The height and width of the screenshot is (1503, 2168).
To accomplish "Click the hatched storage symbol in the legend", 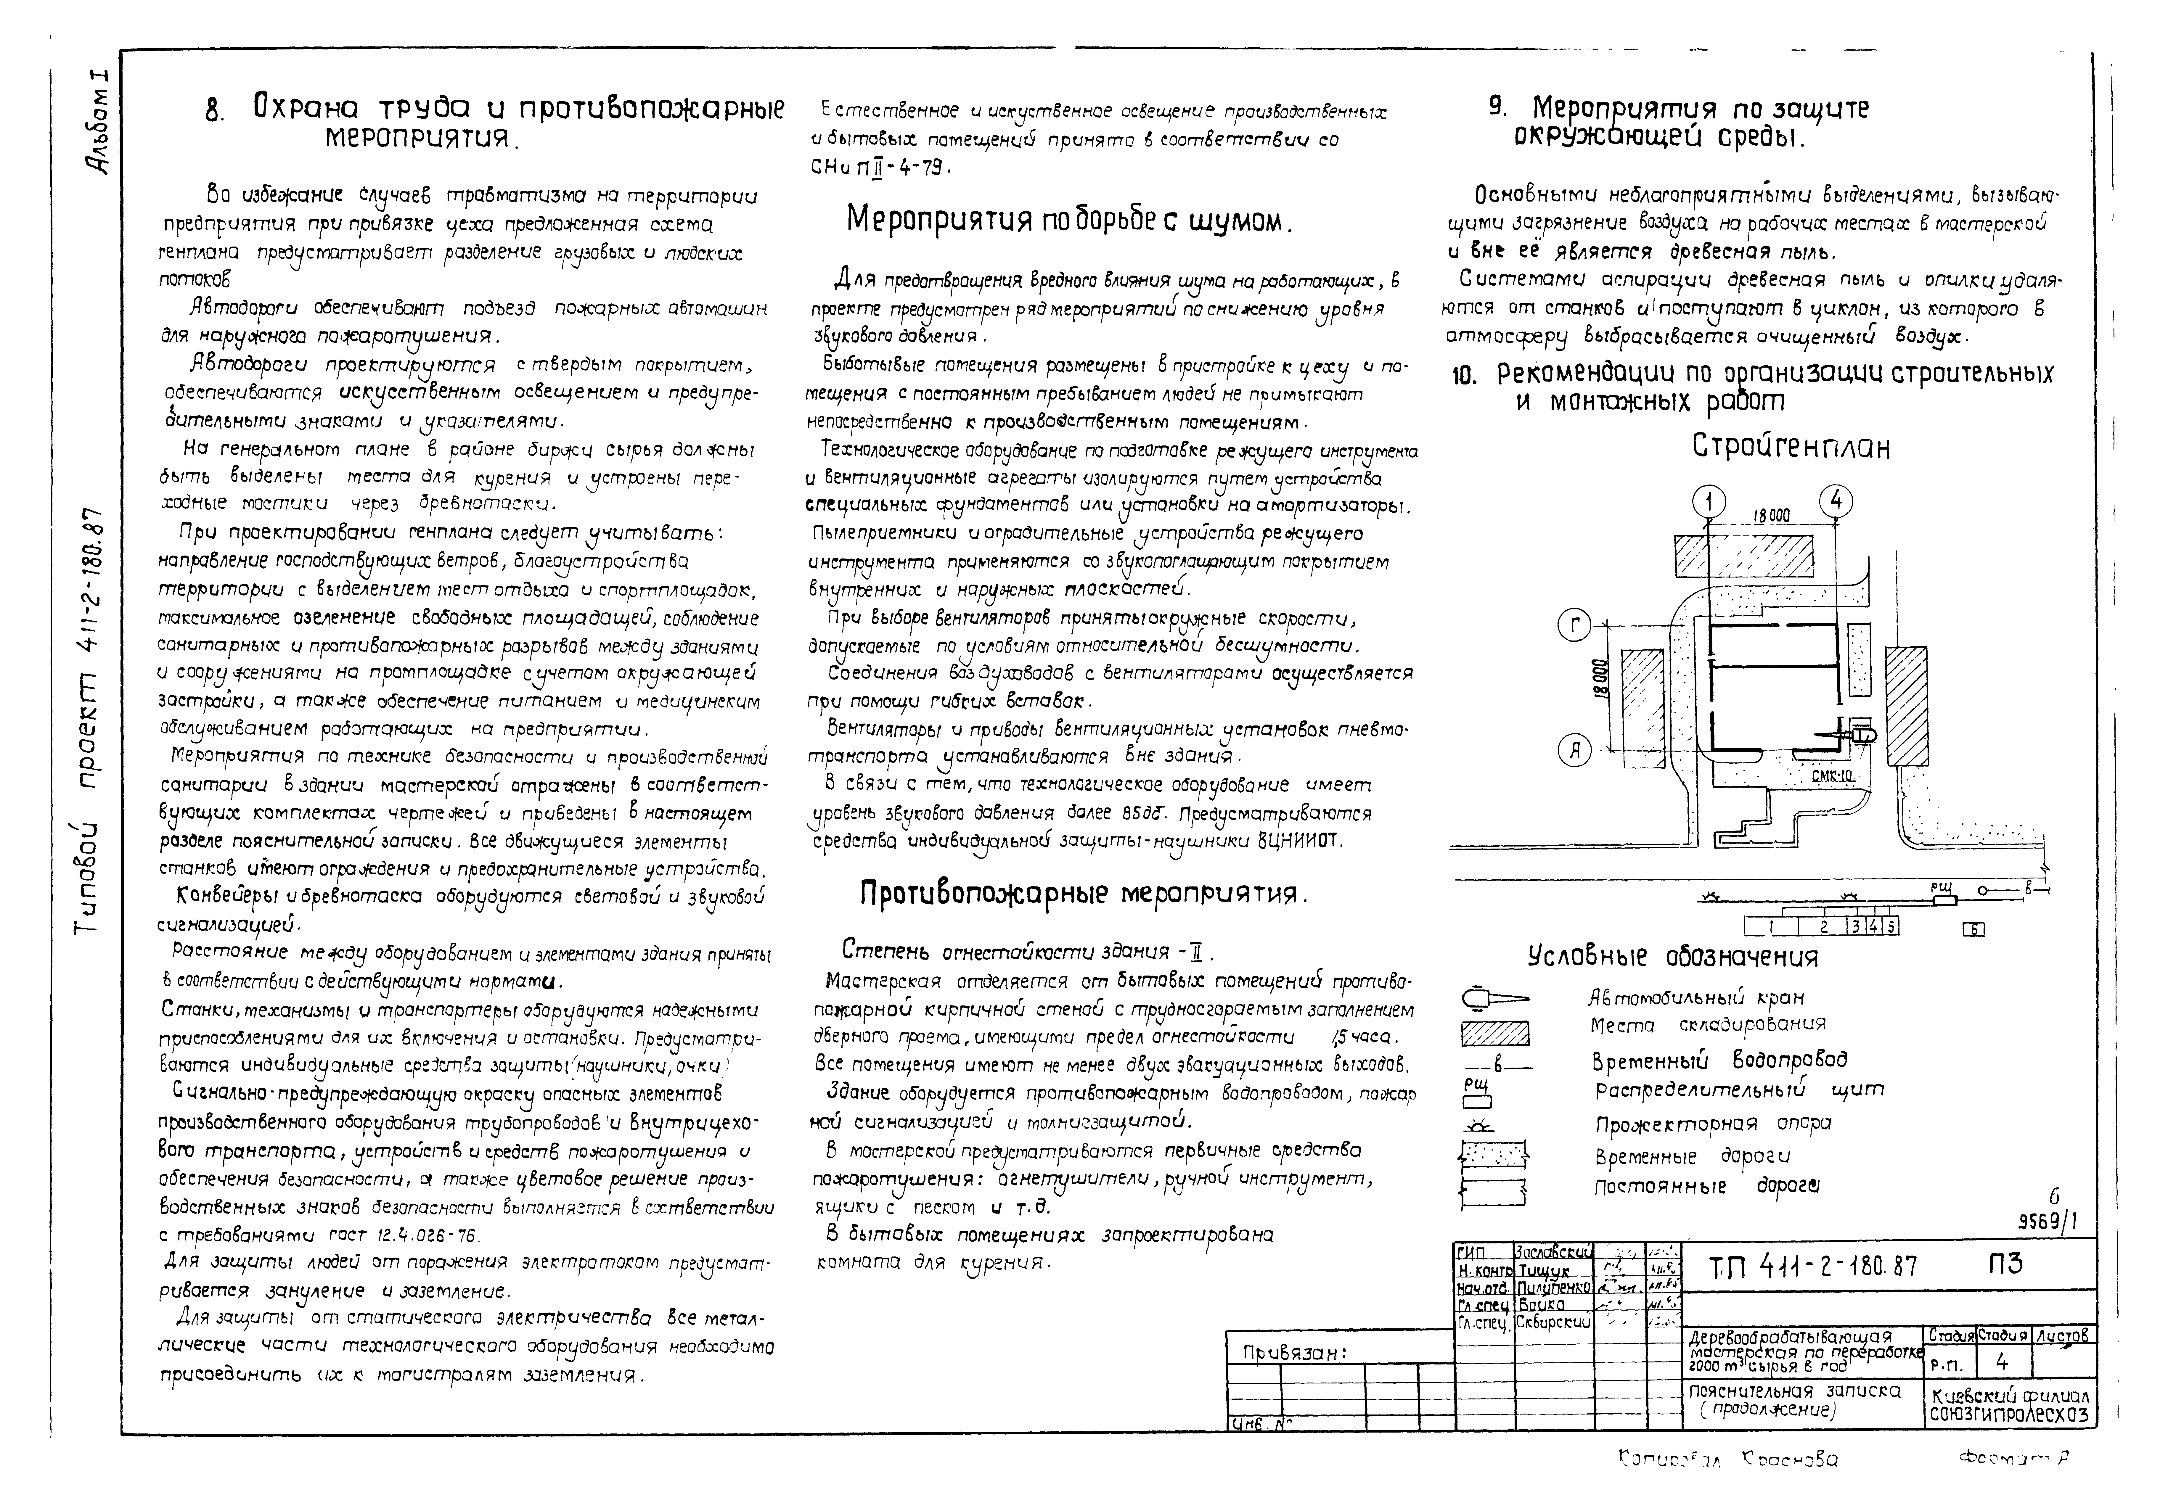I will point(1494,1035).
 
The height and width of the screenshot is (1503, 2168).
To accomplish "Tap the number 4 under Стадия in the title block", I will point(2002,1362).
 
